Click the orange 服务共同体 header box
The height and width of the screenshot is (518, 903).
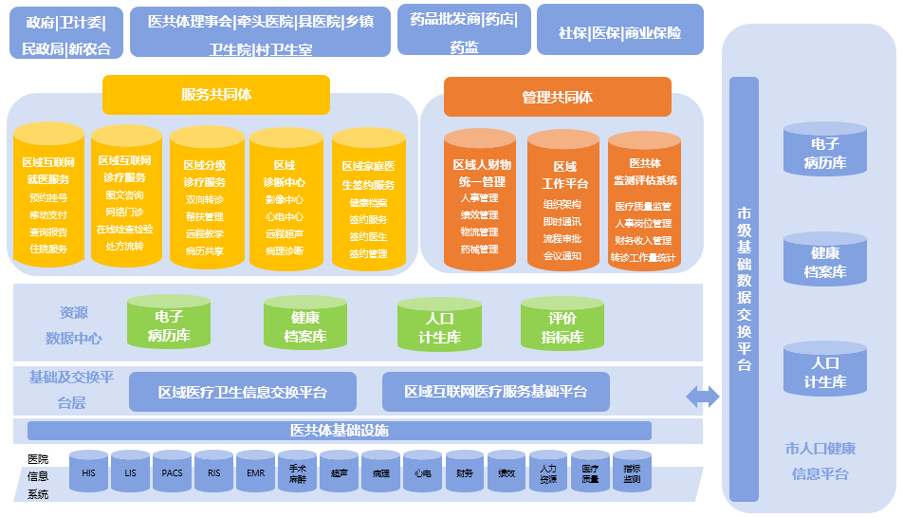click(x=216, y=95)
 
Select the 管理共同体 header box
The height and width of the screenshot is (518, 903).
click(x=557, y=97)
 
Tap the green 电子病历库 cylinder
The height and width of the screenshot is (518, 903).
click(x=169, y=324)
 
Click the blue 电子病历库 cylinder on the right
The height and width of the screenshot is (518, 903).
click(x=825, y=151)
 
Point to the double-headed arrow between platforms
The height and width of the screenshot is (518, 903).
click(x=703, y=397)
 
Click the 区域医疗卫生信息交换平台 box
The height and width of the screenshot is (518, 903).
click(x=243, y=391)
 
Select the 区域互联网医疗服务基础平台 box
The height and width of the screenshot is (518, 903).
click(x=495, y=391)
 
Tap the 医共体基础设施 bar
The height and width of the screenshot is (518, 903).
click(x=339, y=431)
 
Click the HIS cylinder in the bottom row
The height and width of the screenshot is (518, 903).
click(x=89, y=472)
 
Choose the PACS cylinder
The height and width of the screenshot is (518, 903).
click(x=172, y=472)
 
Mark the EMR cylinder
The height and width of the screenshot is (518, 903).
click(x=255, y=472)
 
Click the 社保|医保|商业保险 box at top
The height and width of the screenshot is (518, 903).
click(x=620, y=32)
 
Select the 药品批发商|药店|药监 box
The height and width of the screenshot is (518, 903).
click(x=464, y=32)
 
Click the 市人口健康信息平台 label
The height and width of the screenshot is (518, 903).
click(x=820, y=461)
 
